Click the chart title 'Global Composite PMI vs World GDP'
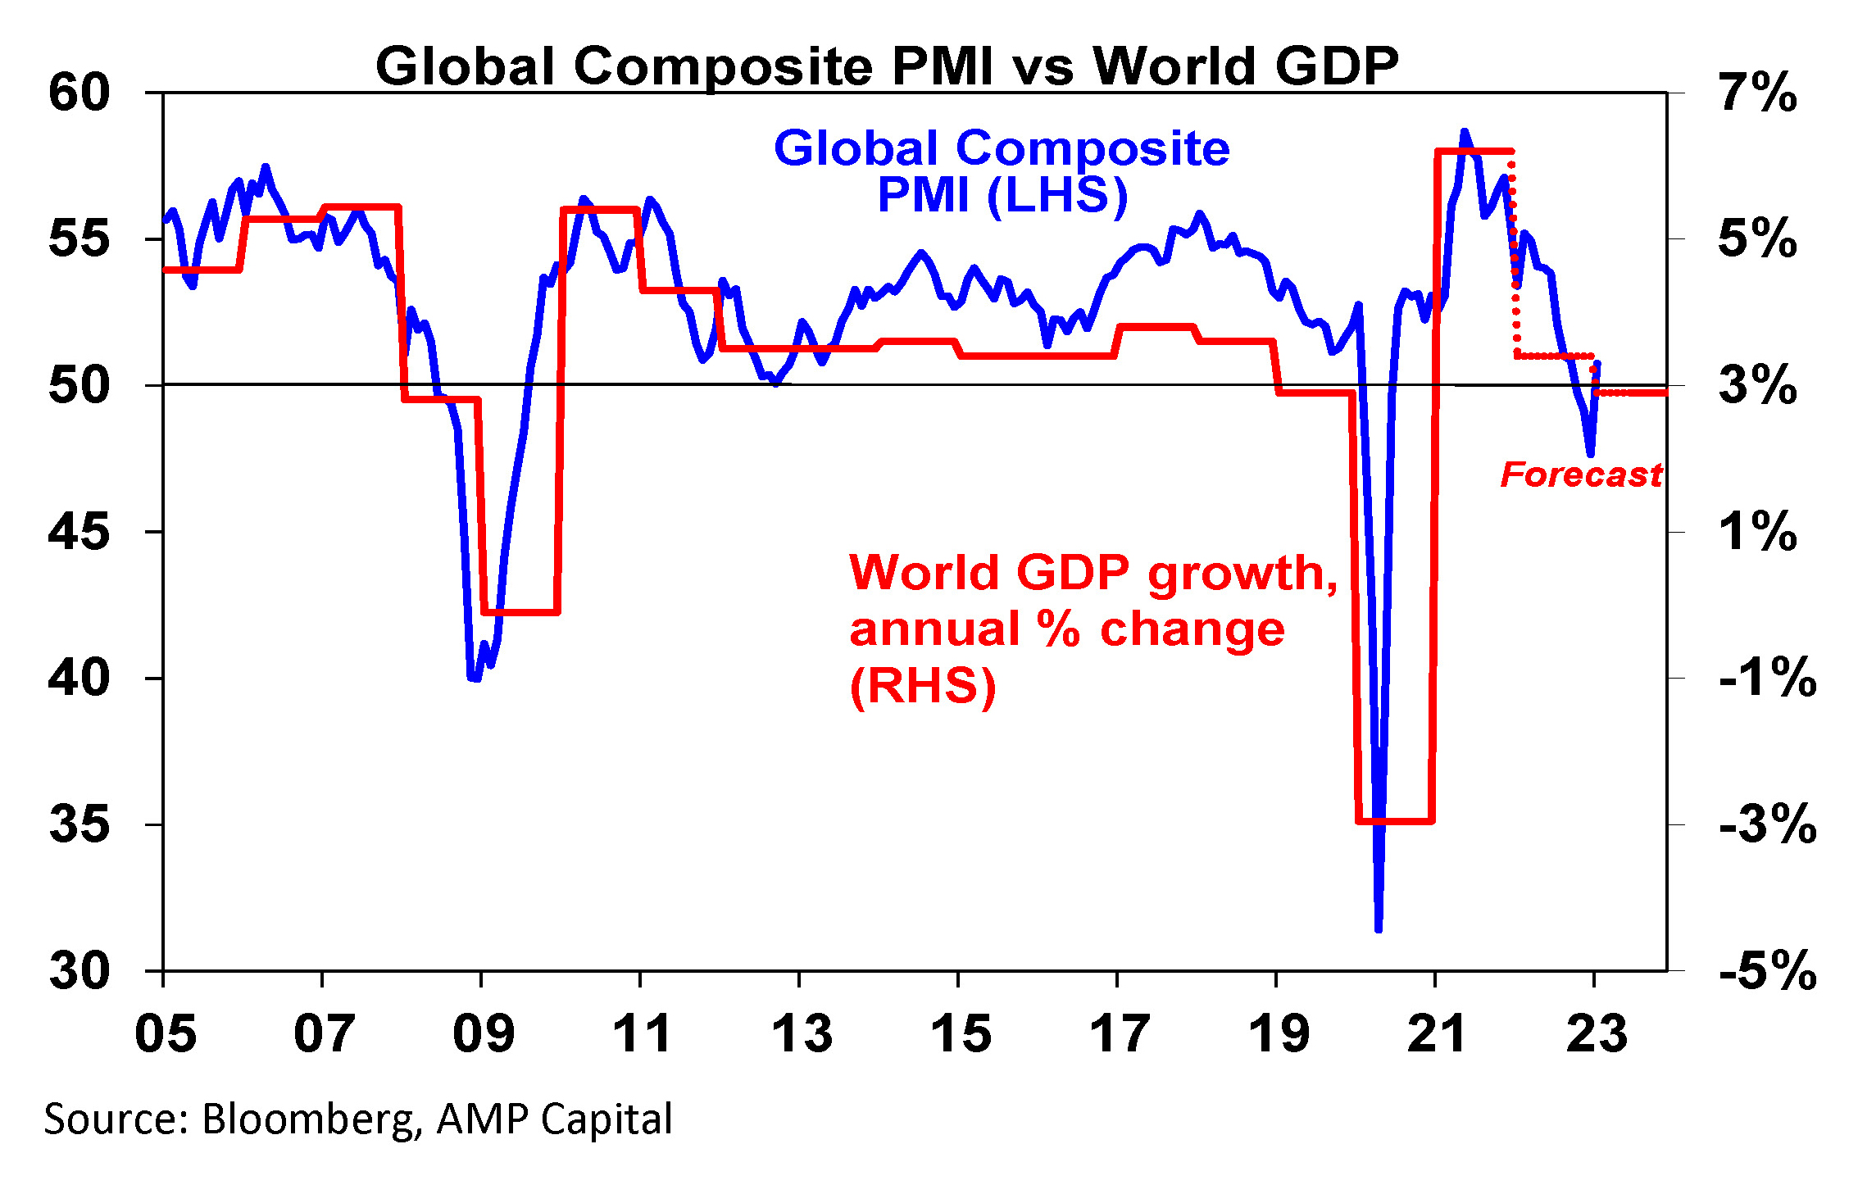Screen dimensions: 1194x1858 click(887, 66)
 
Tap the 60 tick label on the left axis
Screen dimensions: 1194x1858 click(79, 93)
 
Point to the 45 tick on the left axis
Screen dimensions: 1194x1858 click(79, 532)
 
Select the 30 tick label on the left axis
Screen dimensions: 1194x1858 click(79, 971)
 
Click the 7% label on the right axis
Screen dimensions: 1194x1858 click(1758, 93)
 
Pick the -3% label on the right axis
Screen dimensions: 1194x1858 click(1767, 824)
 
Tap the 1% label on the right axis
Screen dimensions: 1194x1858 click(1758, 532)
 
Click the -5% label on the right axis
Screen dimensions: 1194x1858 click(1767, 971)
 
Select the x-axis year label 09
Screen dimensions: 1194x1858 click(484, 1033)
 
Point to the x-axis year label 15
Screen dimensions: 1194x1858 click(961, 1033)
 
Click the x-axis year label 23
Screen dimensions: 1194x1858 click(1597, 1033)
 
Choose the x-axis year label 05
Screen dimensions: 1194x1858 click(166, 1033)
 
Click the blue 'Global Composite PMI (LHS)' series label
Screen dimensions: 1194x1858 click(1002, 171)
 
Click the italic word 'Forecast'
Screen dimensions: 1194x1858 click(1581, 474)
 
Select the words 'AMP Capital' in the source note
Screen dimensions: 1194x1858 click(554, 1119)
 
